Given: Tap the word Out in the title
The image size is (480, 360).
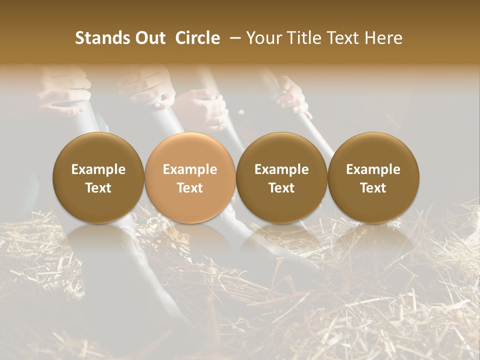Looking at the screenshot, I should pyautogui.click(x=148, y=38).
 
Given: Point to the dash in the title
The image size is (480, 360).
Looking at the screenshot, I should pyautogui.click(x=233, y=38).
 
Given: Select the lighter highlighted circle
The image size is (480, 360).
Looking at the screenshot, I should pyautogui.click(x=190, y=177).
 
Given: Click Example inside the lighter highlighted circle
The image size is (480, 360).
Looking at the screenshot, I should pyautogui.click(x=190, y=169).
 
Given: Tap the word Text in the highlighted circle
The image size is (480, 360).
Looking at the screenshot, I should pyautogui.click(x=190, y=188).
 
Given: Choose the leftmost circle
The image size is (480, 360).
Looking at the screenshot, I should pyautogui.click(x=98, y=177).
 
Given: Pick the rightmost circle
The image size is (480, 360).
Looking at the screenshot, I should pyautogui.click(x=373, y=177).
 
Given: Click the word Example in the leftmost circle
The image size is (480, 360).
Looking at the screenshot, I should pyautogui.click(x=98, y=169).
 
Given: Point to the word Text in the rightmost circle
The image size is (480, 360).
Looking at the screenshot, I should pyautogui.click(x=373, y=188).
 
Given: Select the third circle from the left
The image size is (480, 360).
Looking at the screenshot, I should pyautogui.click(x=281, y=177).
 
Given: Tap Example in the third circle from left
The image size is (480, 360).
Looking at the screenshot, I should pyautogui.click(x=281, y=169).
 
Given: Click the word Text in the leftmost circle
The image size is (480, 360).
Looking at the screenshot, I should pyautogui.click(x=98, y=188).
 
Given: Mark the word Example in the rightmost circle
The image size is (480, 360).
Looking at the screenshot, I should pyautogui.click(x=373, y=169).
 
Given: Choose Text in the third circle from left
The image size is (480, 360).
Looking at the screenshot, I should pyautogui.click(x=281, y=188).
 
